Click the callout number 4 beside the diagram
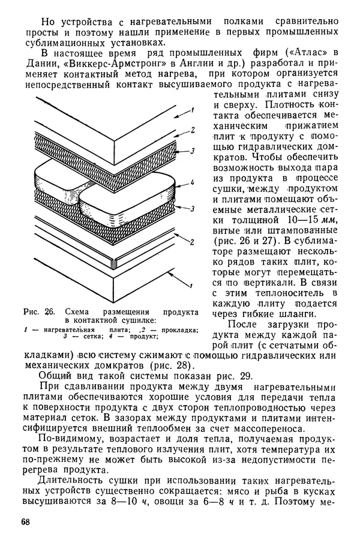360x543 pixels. coord(191,183)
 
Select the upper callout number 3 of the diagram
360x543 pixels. coord(192,152)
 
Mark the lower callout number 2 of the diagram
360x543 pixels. coord(192,242)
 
